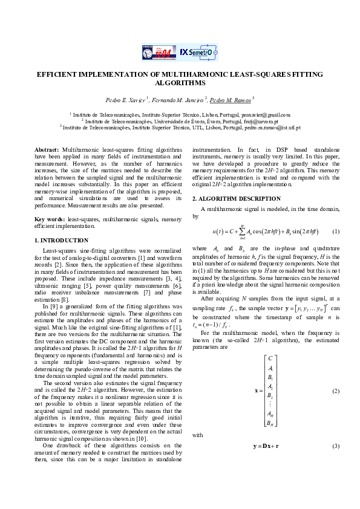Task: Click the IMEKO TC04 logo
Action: [159, 53]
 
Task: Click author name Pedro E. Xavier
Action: [126, 99]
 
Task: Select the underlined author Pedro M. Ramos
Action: [231, 99]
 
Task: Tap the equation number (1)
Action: [336, 232]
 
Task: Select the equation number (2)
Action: [336, 390]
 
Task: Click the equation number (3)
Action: [336, 446]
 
